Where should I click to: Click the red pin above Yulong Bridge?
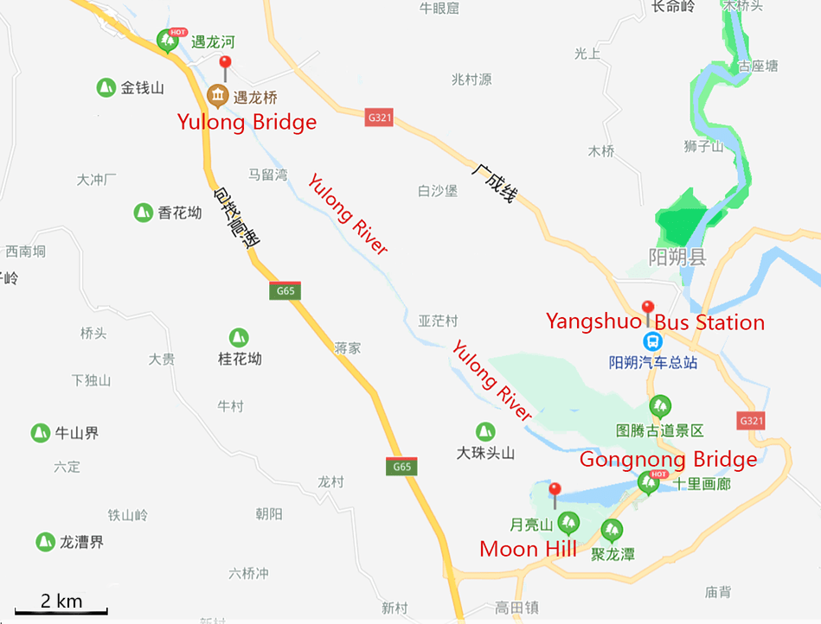click(x=226, y=64)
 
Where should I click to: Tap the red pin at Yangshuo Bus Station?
click(x=647, y=309)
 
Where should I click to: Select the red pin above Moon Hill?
click(x=555, y=491)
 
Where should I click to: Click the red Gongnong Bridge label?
click(x=668, y=459)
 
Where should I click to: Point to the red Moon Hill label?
click(x=528, y=549)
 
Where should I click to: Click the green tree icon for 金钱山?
click(x=105, y=87)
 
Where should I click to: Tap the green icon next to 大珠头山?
click(x=485, y=430)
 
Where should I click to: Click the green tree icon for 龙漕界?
click(x=45, y=542)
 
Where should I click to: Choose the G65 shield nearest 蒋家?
click(x=285, y=290)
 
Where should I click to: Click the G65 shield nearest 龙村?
click(x=401, y=467)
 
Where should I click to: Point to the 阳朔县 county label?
click(x=677, y=257)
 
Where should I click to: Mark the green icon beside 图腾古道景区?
click(x=660, y=404)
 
